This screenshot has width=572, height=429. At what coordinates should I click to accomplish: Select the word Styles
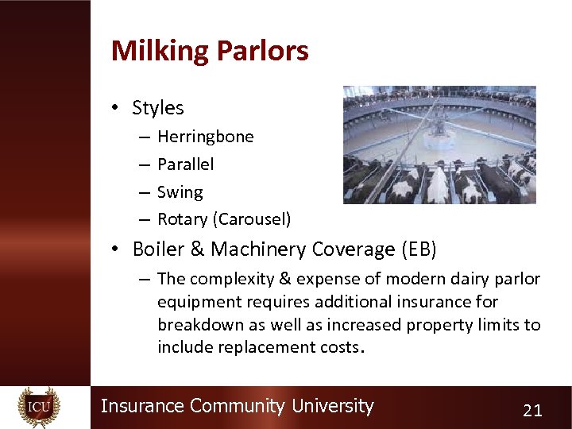pyautogui.click(x=158, y=108)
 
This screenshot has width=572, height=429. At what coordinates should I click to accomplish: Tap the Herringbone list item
pyautogui.click(x=206, y=137)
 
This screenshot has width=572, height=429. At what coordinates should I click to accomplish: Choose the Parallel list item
pyautogui.click(x=186, y=164)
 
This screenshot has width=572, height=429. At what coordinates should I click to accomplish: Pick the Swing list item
pyautogui.click(x=180, y=192)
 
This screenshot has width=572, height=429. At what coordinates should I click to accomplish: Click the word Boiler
pyautogui.click(x=159, y=249)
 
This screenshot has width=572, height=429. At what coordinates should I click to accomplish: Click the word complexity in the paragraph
pyautogui.click(x=229, y=280)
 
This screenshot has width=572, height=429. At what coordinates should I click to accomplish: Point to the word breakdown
pyautogui.click(x=197, y=325)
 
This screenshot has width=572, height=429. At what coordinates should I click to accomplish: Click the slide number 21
pyautogui.click(x=532, y=410)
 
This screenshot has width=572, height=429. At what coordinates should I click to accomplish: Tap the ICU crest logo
pyautogui.click(x=39, y=408)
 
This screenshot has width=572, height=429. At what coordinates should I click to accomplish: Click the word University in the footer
pyautogui.click(x=332, y=406)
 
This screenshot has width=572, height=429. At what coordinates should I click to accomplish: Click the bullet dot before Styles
pyautogui.click(x=116, y=109)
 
